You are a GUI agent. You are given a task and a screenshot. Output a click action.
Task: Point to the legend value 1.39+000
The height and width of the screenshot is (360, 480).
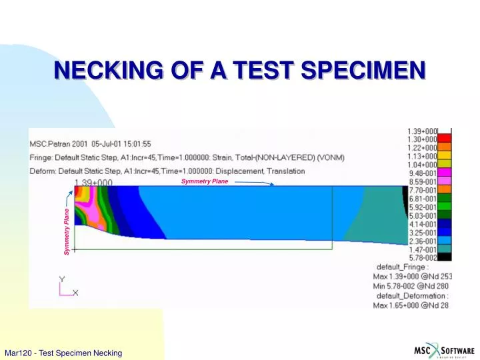pyautogui.click(x=423, y=131)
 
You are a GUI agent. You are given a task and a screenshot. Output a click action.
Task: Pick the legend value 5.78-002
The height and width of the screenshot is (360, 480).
pyautogui.click(x=423, y=257)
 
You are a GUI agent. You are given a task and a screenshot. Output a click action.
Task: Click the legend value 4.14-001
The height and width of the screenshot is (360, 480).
pyautogui.click(x=423, y=223)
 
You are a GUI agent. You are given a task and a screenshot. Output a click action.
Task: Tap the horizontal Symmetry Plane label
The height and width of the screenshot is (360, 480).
pyautogui.click(x=204, y=181)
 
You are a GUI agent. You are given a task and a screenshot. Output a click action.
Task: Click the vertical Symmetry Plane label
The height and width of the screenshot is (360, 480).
pyautogui.click(x=67, y=231)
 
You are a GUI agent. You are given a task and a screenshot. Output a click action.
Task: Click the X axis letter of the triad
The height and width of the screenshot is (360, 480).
pyautogui.click(x=75, y=292)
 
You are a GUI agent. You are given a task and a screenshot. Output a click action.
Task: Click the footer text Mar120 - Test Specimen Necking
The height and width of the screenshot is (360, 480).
pyautogui.click(x=63, y=353)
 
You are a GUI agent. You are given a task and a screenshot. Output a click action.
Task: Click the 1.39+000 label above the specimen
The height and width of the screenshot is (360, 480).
pyautogui.click(x=93, y=182)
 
